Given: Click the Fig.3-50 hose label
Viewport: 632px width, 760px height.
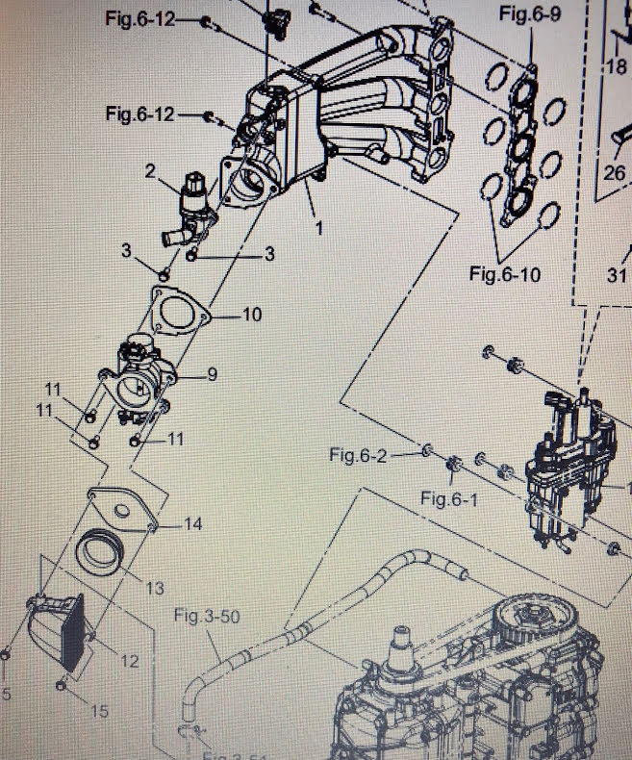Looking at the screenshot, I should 206,616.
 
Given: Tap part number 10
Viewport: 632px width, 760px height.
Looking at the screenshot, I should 251,315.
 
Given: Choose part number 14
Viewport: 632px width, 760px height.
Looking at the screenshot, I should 193,525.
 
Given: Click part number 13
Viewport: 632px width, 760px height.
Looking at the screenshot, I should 155,587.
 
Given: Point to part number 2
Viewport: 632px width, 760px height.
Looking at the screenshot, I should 150,171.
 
